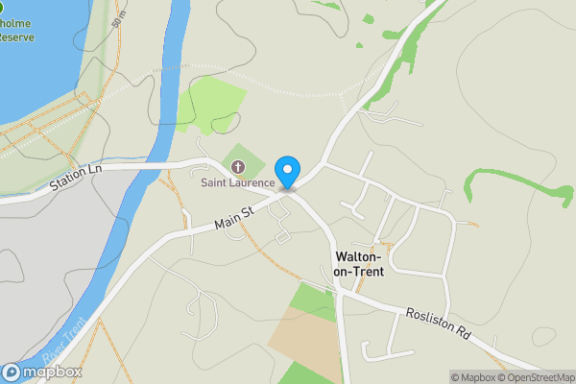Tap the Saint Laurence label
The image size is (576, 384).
(x=237, y=183)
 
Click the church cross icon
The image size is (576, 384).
(x=237, y=169)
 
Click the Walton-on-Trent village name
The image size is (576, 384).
(x=358, y=264)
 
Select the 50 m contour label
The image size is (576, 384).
(x=117, y=15)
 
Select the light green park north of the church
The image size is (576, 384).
(x=210, y=104)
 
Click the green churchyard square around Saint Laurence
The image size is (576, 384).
(x=246, y=161)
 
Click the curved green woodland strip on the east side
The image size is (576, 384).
(x=518, y=182)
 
